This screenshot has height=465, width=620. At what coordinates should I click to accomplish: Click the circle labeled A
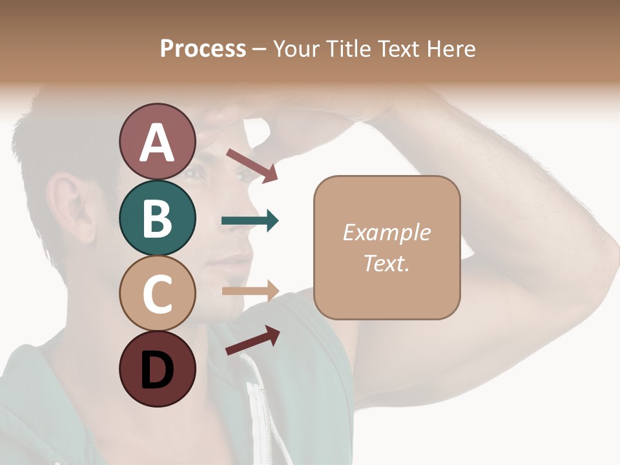click(x=157, y=141)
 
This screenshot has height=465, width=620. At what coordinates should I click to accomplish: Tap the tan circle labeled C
click(x=157, y=293)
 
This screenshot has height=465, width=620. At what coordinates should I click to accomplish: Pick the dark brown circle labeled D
click(x=157, y=369)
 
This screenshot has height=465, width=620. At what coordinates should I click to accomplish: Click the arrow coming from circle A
click(x=252, y=165)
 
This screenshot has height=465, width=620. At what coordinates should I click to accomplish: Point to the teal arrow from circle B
click(x=250, y=221)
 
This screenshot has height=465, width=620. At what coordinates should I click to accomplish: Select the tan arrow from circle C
click(x=250, y=291)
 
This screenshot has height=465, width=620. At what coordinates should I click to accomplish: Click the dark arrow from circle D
click(x=253, y=340)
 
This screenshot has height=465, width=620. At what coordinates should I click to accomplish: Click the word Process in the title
click(x=203, y=48)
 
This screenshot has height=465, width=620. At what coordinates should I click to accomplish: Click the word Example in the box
click(x=386, y=232)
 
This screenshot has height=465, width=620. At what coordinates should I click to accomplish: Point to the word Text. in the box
click(x=386, y=263)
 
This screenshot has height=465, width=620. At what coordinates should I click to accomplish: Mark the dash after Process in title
click(x=259, y=49)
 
